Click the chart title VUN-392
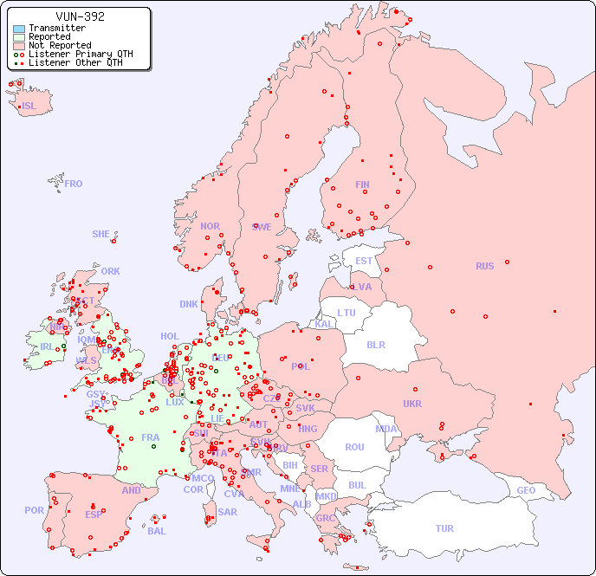click(x=80, y=16)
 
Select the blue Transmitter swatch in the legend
click(x=19, y=29)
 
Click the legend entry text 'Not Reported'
click(x=60, y=46)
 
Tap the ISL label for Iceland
click(x=29, y=107)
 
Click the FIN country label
click(x=362, y=184)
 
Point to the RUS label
click(x=484, y=266)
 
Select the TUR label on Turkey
click(x=444, y=528)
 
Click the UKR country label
click(x=412, y=404)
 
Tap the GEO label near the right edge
click(x=526, y=490)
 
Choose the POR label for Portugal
click(x=34, y=510)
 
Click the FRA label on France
click(x=151, y=437)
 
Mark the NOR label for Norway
click(x=210, y=226)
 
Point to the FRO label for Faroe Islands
click(x=74, y=184)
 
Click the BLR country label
click(x=375, y=344)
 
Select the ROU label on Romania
click(x=354, y=447)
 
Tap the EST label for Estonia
click(x=364, y=261)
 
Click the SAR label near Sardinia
click(x=228, y=512)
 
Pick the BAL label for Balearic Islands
click(x=156, y=531)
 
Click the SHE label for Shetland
click(x=101, y=234)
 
